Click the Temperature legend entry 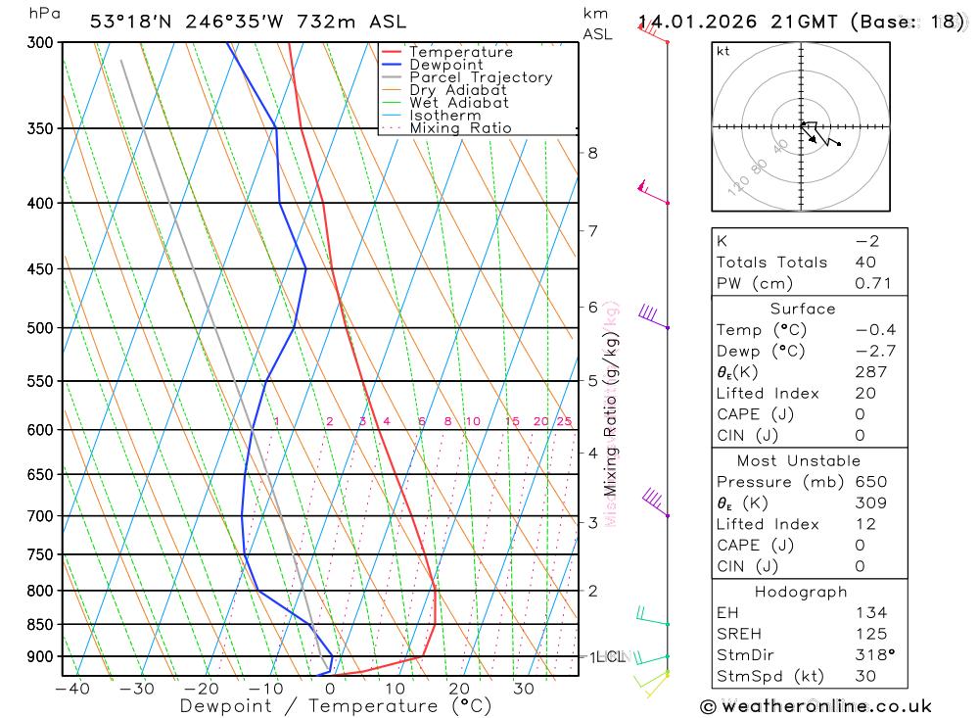pyautogui.click(x=460, y=52)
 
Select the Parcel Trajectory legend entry pyautogui.click(x=481, y=77)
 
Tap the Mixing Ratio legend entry pyautogui.click(x=460, y=128)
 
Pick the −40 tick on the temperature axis pyautogui.click(x=71, y=689)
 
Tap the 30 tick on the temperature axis pyautogui.click(x=524, y=689)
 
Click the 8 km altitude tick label pyautogui.click(x=592, y=153)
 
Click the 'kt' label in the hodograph pyautogui.click(x=723, y=51)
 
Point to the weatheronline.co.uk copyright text pyautogui.click(x=816, y=706)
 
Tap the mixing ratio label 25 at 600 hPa pyautogui.click(x=564, y=421)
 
